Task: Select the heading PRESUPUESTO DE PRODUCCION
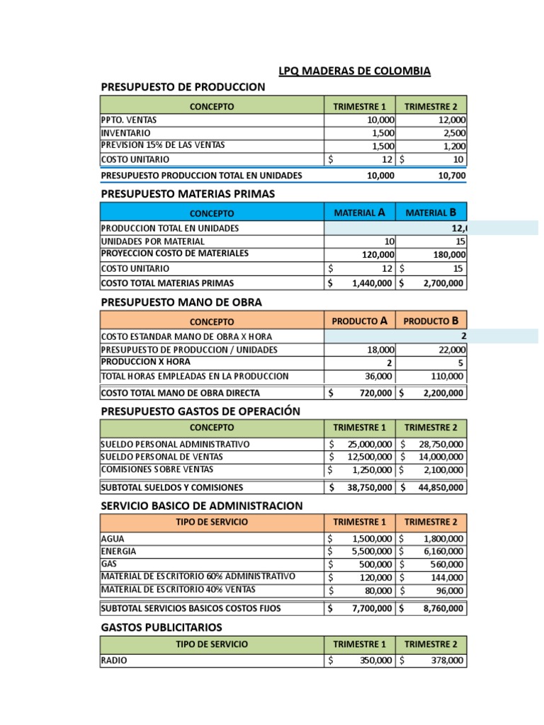183,87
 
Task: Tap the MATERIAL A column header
359,212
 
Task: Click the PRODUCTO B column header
431,321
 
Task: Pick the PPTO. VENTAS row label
129,120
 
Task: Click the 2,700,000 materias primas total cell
439,283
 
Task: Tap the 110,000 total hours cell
448,376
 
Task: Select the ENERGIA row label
119,551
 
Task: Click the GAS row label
109,564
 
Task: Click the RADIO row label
115,660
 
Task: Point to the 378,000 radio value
447,661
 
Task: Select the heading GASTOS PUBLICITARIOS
161,627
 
